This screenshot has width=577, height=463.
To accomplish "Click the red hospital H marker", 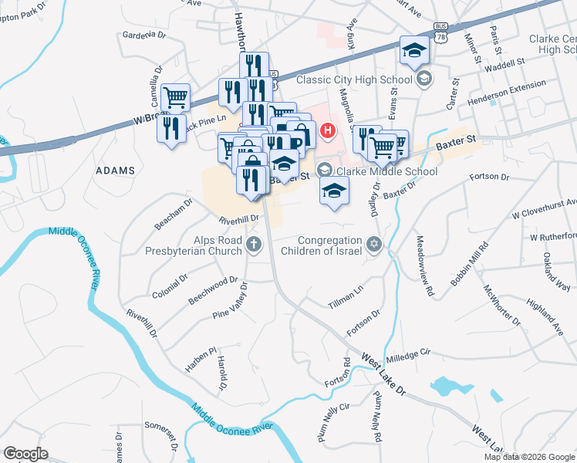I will tap(329, 130).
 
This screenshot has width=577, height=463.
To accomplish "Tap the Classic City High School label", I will tap(356, 79).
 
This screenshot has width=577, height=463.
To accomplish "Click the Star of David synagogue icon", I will tap(374, 245).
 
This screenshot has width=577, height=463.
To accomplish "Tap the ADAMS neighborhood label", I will tap(115, 170).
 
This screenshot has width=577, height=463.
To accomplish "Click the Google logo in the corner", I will tap(26, 453).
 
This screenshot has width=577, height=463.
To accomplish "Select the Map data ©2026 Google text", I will tap(528, 457).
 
